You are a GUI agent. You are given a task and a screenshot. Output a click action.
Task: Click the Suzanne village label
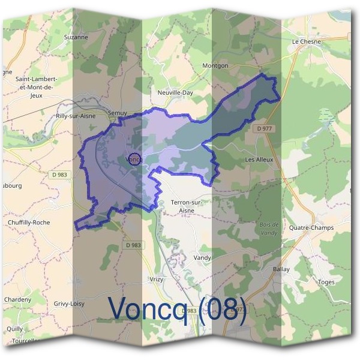pyautogui.click(x=76, y=37)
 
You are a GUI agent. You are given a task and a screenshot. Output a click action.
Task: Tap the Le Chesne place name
pyautogui.click(x=306, y=41)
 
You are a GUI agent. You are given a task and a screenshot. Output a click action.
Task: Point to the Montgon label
pyautogui.click(x=215, y=65)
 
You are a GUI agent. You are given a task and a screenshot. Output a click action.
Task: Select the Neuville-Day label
pyautogui.click(x=175, y=94)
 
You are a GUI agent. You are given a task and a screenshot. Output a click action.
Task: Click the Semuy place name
pyautogui.click(x=118, y=112)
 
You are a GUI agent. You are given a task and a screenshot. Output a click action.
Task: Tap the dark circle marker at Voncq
pyautogui.click(x=134, y=159)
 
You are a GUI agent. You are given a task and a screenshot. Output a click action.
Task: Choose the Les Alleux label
pyautogui.click(x=259, y=160)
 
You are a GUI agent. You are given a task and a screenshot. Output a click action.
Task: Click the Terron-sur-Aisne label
pyautogui.click(x=187, y=206)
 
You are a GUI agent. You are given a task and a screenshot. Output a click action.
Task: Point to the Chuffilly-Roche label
pyautogui.click(x=29, y=223)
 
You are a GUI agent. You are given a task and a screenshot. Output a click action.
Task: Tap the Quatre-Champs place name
pyautogui.click(x=311, y=228)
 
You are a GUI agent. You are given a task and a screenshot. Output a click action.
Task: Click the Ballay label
pyautogui.click(x=281, y=269)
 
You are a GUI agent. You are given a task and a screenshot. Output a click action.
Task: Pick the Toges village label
pyautogui.click(x=326, y=281)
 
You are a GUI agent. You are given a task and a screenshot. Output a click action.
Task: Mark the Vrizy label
pyautogui.click(x=156, y=280)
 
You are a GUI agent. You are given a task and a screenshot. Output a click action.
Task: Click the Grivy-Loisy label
pyautogui.click(x=69, y=304)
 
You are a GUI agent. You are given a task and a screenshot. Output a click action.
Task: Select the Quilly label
pyautogui.click(x=15, y=328)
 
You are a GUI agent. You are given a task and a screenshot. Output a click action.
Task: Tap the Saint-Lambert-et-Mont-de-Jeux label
pyautogui.click(x=36, y=86)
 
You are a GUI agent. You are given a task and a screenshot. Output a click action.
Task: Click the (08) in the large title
pyautogui.click(x=221, y=310)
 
